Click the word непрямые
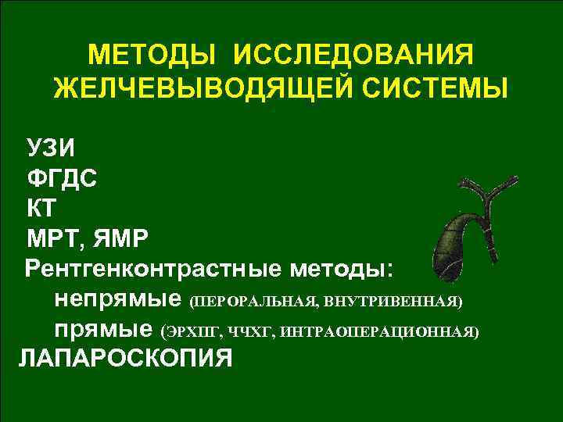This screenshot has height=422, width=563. (118, 300)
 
